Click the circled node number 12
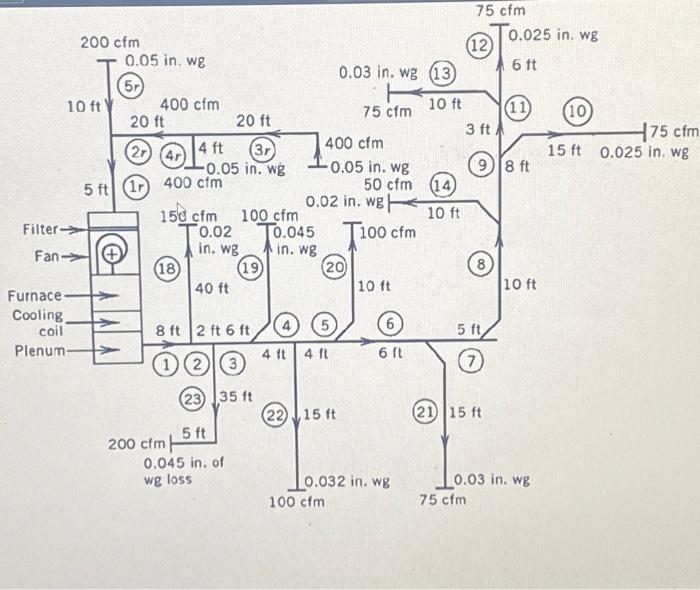pyautogui.click(x=479, y=45)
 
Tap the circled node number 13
pyautogui.click(x=441, y=73)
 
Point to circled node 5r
pyautogui.click(x=131, y=86)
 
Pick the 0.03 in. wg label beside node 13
pyautogui.click(x=379, y=73)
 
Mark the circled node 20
pyautogui.click(x=334, y=267)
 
